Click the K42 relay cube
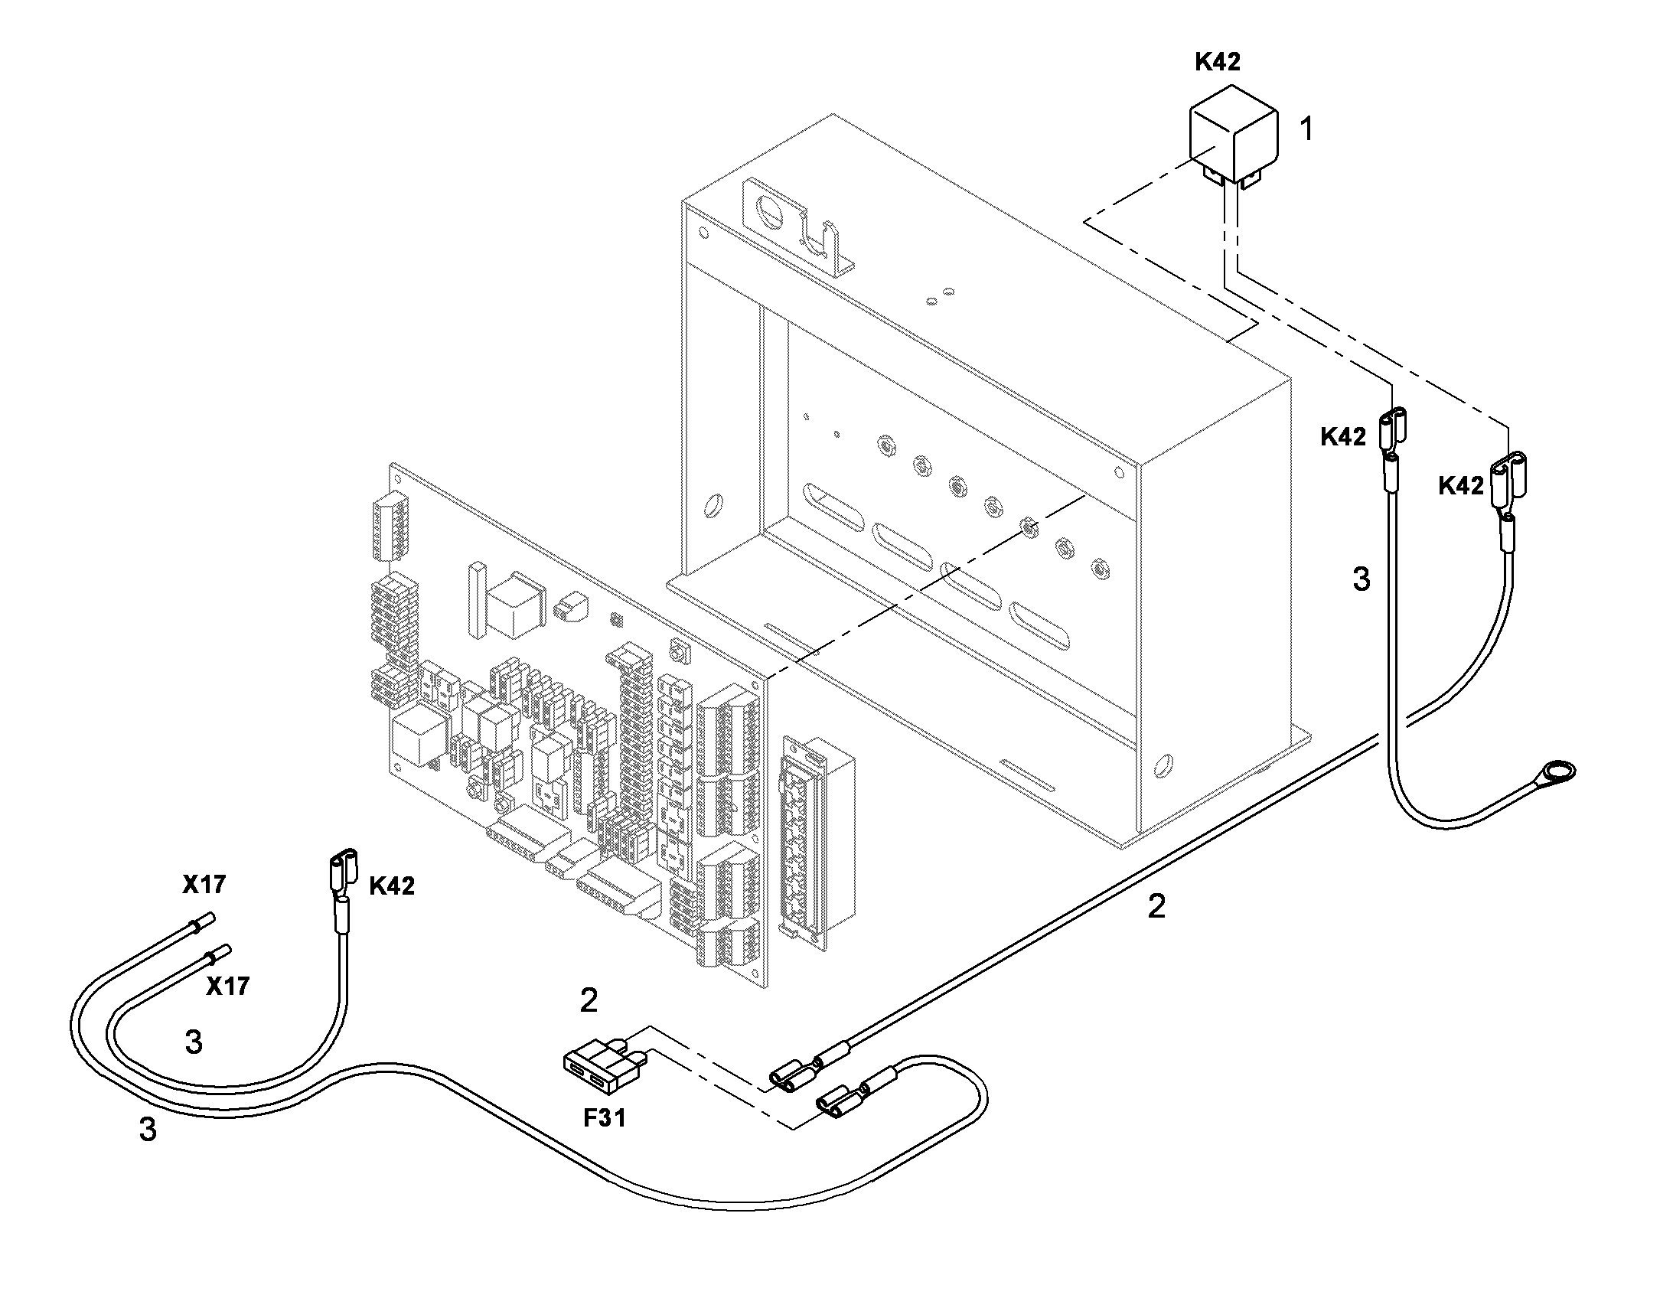[1233, 142]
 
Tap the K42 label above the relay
[1218, 62]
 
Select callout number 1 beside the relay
[1306, 129]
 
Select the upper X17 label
[204, 884]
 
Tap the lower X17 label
[228, 986]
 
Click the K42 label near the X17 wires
[392, 885]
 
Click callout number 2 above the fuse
[589, 1000]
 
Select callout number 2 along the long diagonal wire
[1156, 906]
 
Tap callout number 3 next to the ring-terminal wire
[1361, 579]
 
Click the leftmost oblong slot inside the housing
[833, 507]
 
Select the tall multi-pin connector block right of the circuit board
[816, 843]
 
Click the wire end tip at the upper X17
[210, 918]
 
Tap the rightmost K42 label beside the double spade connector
[1461, 485]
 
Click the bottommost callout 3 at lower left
[148, 1130]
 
